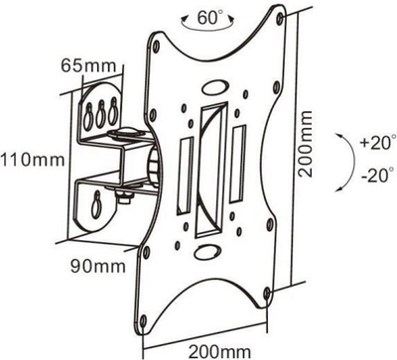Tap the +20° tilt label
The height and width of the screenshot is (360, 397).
pyautogui.click(x=378, y=144)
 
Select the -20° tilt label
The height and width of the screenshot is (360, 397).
pyautogui.click(x=378, y=175)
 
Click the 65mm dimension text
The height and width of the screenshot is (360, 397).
pyautogui.click(x=88, y=65)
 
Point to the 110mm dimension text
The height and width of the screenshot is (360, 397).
pyautogui.click(x=32, y=160)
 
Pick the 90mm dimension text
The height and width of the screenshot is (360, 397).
pyautogui.click(x=98, y=266)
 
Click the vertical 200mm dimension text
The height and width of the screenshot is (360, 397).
pyautogui.click(x=305, y=144)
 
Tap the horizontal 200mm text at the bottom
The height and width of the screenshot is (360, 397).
pyautogui.click(x=219, y=350)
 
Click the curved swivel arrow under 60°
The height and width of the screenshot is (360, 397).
pyautogui.click(x=207, y=28)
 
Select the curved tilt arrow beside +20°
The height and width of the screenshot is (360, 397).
pyautogui.click(x=350, y=162)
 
